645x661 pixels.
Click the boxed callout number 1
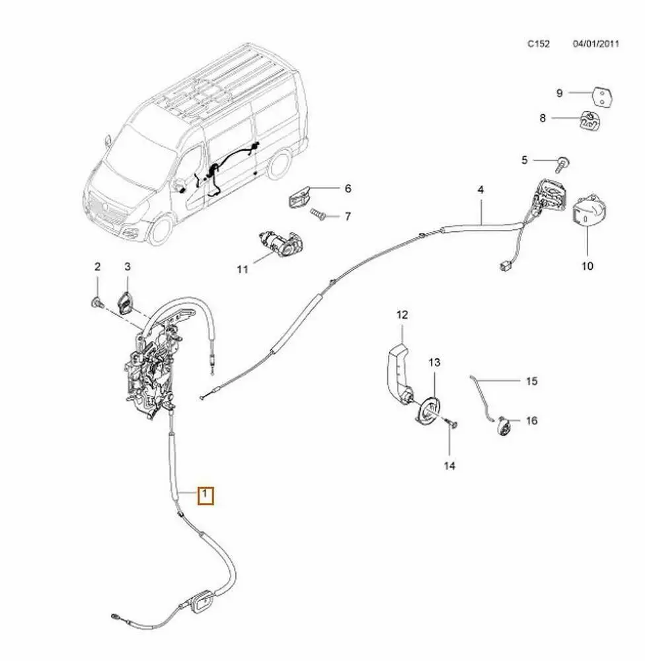tap(206, 494)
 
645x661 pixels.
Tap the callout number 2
tap(97, 267)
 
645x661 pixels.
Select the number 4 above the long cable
tap(481, 189)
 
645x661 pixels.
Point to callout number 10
tap(588, 266)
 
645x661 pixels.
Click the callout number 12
tap(402, 315)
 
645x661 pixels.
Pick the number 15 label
tap(532, 381)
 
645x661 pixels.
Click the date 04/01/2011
tap(595, 44)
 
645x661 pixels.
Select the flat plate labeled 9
tap(601, 95)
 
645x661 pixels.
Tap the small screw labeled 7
tap(318, 215)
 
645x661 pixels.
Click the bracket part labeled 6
tap(301, 196)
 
